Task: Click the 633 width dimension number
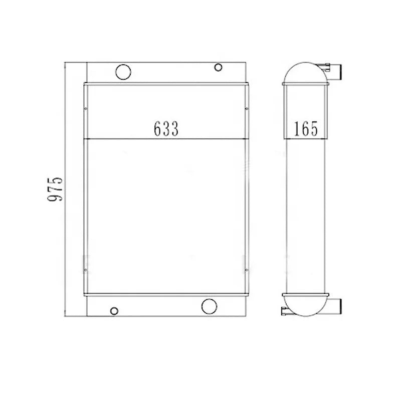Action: (166, 128)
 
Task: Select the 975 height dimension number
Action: (55, 189)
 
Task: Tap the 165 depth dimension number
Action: (306, 128)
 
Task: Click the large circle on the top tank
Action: (123, 72)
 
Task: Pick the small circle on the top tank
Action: (218, 68)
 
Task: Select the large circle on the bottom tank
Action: (209, 306)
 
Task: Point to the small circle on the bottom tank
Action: (114, 311)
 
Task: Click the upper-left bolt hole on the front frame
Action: (86, 109)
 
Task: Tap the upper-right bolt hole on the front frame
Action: (247, 109)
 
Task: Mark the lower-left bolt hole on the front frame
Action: (86, 270)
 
